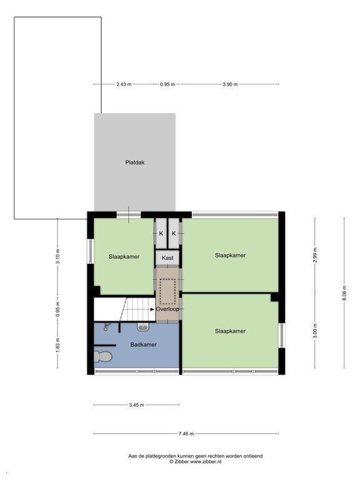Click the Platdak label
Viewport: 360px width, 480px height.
click(x=135, y=162)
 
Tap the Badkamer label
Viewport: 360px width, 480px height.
click(x=143, y=344)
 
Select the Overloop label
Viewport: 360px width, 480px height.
click(x=167, y=309)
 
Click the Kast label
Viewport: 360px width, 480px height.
click(x=167, y=257)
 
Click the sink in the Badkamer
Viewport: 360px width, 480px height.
click(x=142, y=327)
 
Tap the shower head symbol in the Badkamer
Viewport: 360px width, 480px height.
click(x=106, y=327)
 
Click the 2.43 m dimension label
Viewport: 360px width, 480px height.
click(x=124, y=84)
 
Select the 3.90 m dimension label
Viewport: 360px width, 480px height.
click(x=230, y=84)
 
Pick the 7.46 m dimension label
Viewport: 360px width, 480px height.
click(x=186, y=434)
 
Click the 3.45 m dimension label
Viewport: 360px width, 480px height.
click(x=136, y=405)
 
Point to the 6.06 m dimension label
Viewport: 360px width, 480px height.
click(x=344, y=293)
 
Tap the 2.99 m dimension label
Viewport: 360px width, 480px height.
click(x=315, y=255)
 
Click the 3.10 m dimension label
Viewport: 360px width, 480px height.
click(x=58, y=256)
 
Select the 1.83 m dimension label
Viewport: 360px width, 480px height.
click(x=58, y=344)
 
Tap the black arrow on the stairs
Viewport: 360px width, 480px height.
click(x=152, y=309)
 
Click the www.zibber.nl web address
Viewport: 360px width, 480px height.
click(x=206, y=461)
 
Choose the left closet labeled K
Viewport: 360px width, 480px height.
click(x=161, y=233)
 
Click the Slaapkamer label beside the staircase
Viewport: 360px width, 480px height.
click(x=124, y=256)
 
